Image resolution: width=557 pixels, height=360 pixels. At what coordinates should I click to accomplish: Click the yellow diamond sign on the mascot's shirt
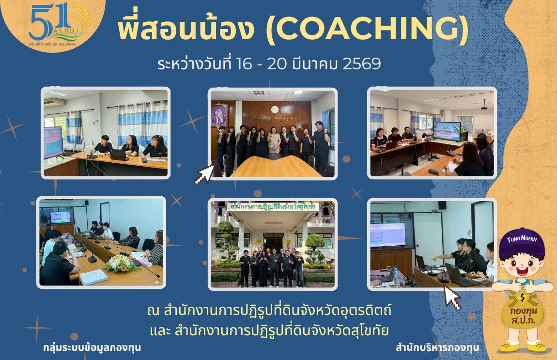(x=522, y=296)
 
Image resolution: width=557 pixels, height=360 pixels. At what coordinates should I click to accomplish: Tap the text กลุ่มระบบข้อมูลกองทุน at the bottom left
(x=92, y=347)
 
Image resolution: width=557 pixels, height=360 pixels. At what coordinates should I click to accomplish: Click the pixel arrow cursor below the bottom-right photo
(x=451, y=297)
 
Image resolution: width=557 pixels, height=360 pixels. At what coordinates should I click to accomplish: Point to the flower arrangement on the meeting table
(x=120, y=263)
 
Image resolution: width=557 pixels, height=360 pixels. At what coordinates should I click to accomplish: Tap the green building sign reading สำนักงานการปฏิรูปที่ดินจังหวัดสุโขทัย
(x=273, y=206)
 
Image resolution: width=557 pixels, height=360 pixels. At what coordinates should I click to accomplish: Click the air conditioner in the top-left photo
(x=54, y=102)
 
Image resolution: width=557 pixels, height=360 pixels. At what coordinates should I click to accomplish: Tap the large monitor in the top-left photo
(x=53, y=142)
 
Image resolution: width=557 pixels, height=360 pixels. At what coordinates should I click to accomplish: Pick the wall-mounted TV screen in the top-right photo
(x=447, y=131)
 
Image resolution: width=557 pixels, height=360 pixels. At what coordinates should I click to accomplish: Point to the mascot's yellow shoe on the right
(x=537, y=346)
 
